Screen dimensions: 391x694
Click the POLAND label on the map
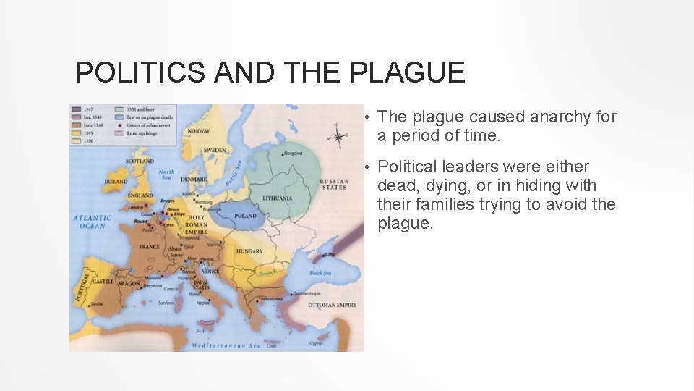click(246, 216)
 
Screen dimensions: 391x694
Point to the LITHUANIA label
click(278, 198)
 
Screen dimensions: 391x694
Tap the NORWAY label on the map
click(199, 131)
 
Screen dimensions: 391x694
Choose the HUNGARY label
click(249, 251)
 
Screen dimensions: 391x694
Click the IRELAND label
click(116, 182)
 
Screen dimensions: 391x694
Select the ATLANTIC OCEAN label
click(93, 222)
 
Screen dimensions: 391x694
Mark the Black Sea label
click(320, 273)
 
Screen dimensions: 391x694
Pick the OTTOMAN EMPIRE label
click(332, 305)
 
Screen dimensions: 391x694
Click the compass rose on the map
click(338, 135)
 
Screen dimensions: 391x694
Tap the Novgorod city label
click(293, 154)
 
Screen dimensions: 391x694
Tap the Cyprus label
click(316, 344)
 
